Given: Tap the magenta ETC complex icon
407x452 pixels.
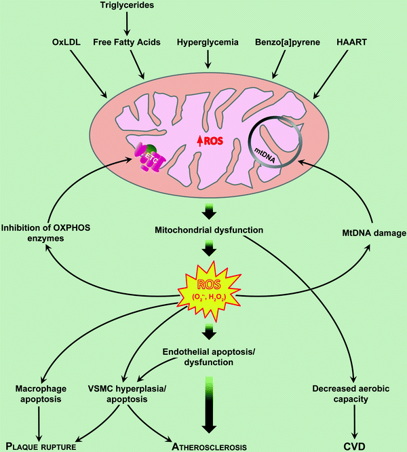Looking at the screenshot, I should tap(147, 162).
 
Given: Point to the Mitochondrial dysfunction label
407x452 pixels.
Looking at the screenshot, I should tap(204, 233).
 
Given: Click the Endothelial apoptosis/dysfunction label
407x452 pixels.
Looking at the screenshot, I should tap(206, 358).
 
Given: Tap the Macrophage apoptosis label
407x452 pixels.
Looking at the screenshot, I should tap(43, 395).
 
